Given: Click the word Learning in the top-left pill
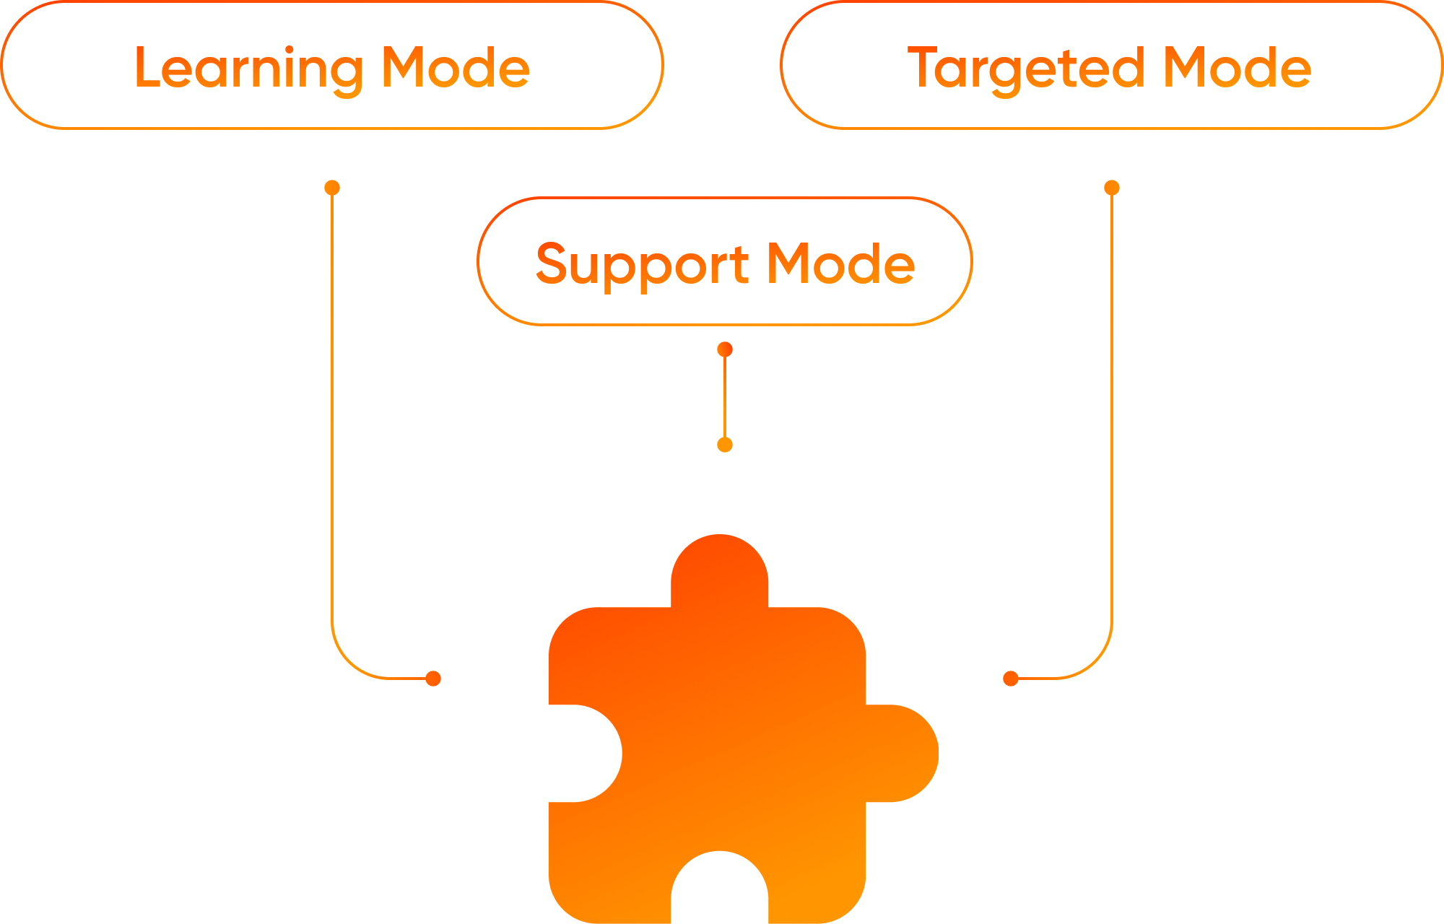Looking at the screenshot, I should click(x=248, y=69).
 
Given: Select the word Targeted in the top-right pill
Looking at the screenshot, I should click(x=1026, y=69).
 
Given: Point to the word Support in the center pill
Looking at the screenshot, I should click(x=643, y=265).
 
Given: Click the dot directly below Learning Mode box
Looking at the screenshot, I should click(x=332, y=188).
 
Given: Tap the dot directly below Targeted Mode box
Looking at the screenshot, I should click(x=1112, y=188).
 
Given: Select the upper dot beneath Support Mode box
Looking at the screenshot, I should click(x=725, y=350).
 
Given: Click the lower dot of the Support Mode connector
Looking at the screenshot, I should click(x=725, y=445).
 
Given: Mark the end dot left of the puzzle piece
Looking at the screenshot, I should click(x=433, y=679).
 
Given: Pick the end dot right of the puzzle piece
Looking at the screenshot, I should click(x=1011, y=679).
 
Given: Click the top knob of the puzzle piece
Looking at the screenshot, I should click(x=720, y=570).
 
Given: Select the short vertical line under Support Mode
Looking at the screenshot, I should click(x=725, y=397).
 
